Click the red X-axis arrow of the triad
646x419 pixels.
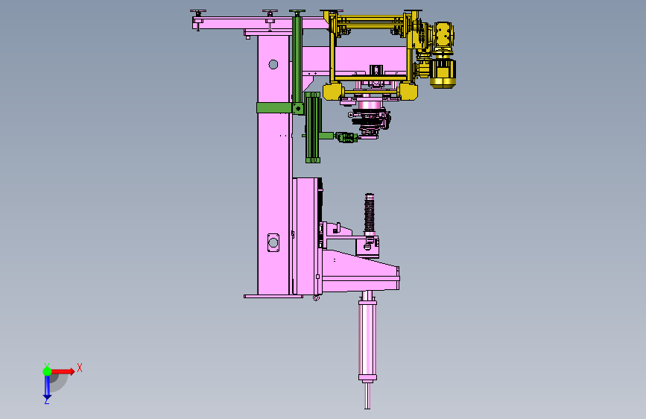pyautogui.click(x=63, y=371)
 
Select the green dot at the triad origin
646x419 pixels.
pyautogui.click(x=47, y=371)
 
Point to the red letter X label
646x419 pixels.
pyautogui.click(x=80, y=368)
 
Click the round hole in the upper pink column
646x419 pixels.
pyautogui.click(x=273, y=64)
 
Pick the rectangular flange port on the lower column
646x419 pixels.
pyautogui.click(x=273, y=242)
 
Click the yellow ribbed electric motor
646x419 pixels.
pyautogui.click(x=443, y=73)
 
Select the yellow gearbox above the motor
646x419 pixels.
pyautogui.click(x=443, y=34)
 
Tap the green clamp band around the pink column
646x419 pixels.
pyautogui.click(x=274, y=108)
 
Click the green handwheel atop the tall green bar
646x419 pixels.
pyautogui.click(x=297, y=12)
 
